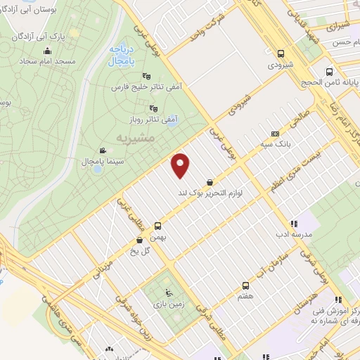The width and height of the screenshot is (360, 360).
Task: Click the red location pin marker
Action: [181, 165]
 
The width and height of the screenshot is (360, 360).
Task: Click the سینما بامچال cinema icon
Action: [103, 150]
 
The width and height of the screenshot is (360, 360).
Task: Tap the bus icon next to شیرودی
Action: [281, 53]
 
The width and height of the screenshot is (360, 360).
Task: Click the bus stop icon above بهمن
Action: [157, 226]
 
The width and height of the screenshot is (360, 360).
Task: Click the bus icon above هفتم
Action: [245, 285]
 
